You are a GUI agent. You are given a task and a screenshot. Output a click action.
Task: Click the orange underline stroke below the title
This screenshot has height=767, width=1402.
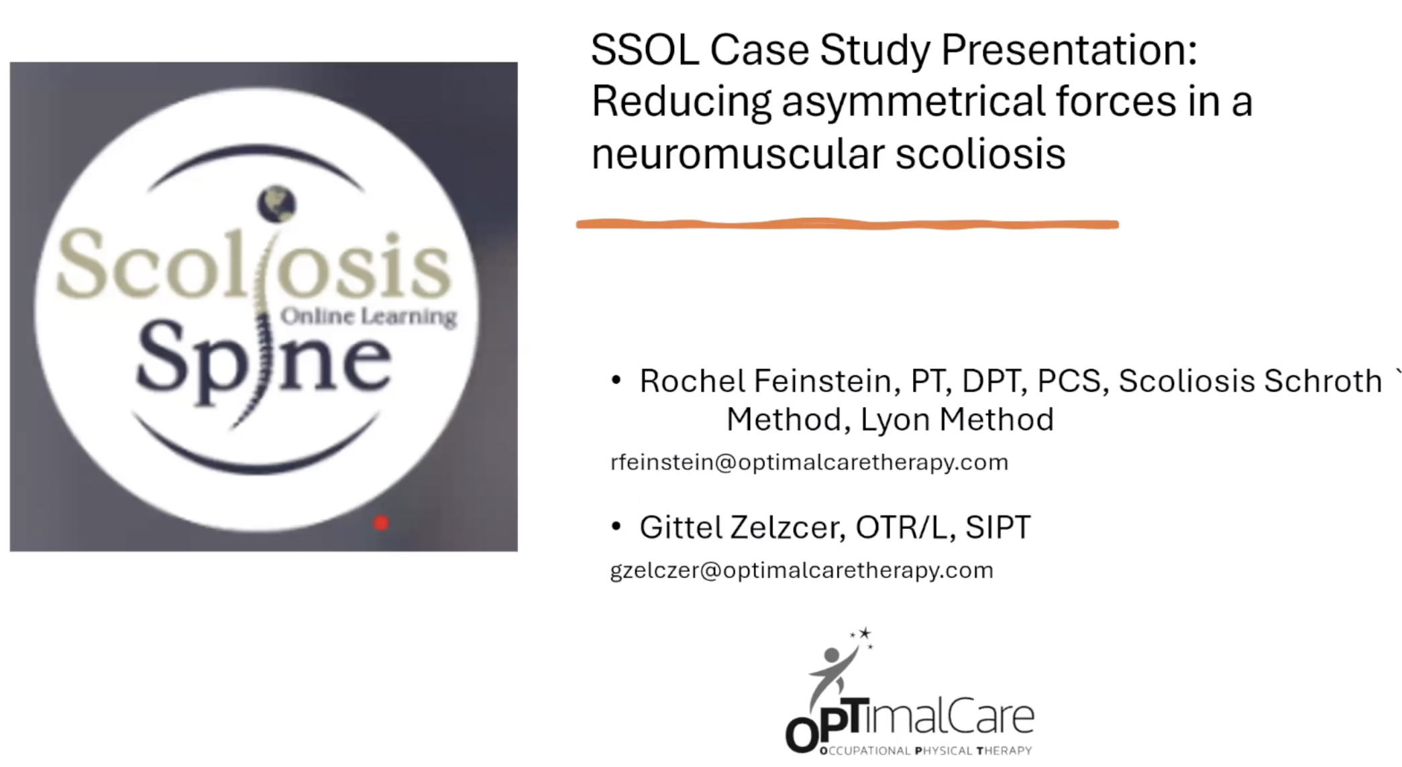point(847,224)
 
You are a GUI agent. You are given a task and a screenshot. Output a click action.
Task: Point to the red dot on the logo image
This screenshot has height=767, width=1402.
point(381,523)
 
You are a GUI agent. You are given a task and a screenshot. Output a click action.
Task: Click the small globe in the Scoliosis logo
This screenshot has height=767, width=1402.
point(276,204)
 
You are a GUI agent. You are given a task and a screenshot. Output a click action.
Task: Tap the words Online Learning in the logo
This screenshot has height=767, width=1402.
point(368,316)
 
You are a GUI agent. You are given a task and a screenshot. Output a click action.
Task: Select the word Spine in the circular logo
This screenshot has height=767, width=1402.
point(263,362)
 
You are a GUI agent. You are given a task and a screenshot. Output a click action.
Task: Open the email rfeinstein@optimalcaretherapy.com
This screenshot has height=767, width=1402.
point(809,462)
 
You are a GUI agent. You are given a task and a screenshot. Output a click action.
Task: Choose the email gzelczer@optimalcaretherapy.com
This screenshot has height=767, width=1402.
point(802,570)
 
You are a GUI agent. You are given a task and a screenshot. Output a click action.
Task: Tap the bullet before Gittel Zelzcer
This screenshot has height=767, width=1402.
point(616,527)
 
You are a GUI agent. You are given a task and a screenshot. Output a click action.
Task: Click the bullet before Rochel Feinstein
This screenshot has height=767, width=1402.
point(616,381)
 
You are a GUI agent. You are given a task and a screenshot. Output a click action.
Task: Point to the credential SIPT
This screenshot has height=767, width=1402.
point(997,527)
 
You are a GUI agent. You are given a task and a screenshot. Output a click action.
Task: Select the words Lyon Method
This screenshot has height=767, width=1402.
point(957,420)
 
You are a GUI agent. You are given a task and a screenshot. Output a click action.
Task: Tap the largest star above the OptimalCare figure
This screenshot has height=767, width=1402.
point(865,633)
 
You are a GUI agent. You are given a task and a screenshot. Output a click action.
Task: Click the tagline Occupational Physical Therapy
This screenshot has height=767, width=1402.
point(926,750)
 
